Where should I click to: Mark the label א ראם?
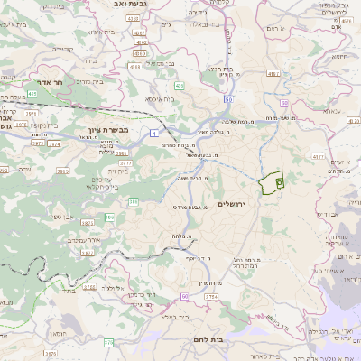(x=277, y=30)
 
